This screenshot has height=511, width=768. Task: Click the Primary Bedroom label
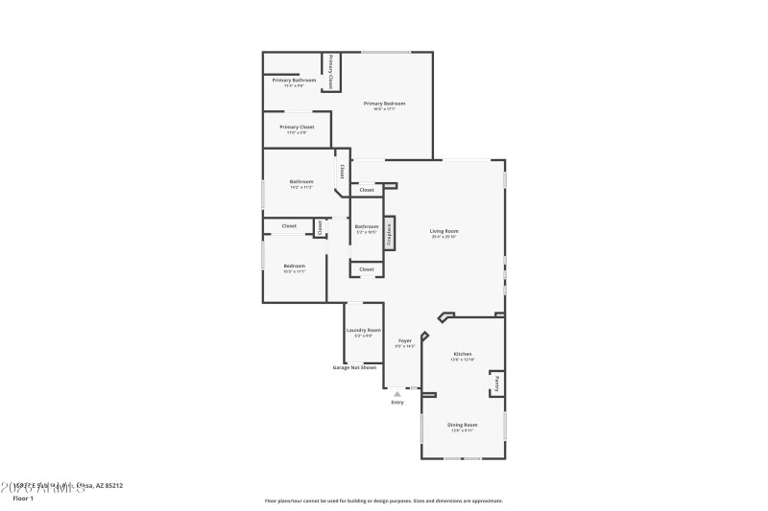384,103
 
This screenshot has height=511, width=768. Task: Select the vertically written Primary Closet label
330,72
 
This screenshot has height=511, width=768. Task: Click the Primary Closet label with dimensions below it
297,127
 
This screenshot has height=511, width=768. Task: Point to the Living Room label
444,231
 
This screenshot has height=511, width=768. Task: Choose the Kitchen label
463,354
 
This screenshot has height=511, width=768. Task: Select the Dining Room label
463,424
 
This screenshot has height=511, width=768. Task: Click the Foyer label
405,340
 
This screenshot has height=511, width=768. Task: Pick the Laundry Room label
364,330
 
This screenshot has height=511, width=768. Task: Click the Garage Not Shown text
354,367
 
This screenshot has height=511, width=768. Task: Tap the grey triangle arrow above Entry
396,393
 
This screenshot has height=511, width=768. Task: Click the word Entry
397,402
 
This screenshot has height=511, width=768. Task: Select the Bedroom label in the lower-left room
294,266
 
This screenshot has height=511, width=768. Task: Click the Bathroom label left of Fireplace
367,226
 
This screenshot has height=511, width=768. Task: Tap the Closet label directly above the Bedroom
289,226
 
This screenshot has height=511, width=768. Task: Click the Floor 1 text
23,499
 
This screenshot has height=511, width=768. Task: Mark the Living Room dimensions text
444,237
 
